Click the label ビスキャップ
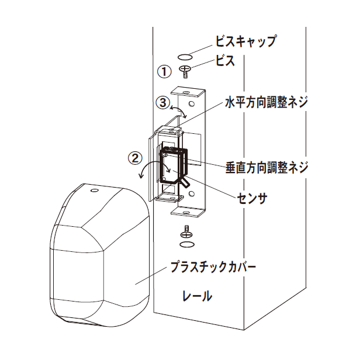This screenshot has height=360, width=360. click(x=245, y=41)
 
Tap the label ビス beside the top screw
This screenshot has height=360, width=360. click(x=225, y=61)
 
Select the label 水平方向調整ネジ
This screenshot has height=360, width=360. click(x=266, y=102)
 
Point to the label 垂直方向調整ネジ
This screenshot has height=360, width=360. click(x=266, y=167)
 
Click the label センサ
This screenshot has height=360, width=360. click(x=252, y=198)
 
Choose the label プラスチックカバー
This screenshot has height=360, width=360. click(x=213, y=266)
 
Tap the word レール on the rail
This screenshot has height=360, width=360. click(x=197, y=296)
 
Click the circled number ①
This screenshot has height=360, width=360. click(x=164, y=71)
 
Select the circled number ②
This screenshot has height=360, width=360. click(x=135, y=158)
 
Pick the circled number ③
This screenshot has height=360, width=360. click(x=163, y=102)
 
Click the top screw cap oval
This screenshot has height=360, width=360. click(x=185, y=57)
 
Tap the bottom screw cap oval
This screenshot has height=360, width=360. click(x=187, y=245)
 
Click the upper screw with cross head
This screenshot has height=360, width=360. click(x=185, y=71)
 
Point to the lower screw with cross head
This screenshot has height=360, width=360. click(x=187, y=233)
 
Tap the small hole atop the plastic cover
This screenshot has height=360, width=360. click(x=94, y=191)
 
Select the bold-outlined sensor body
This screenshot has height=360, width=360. click(x=175, y=166)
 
